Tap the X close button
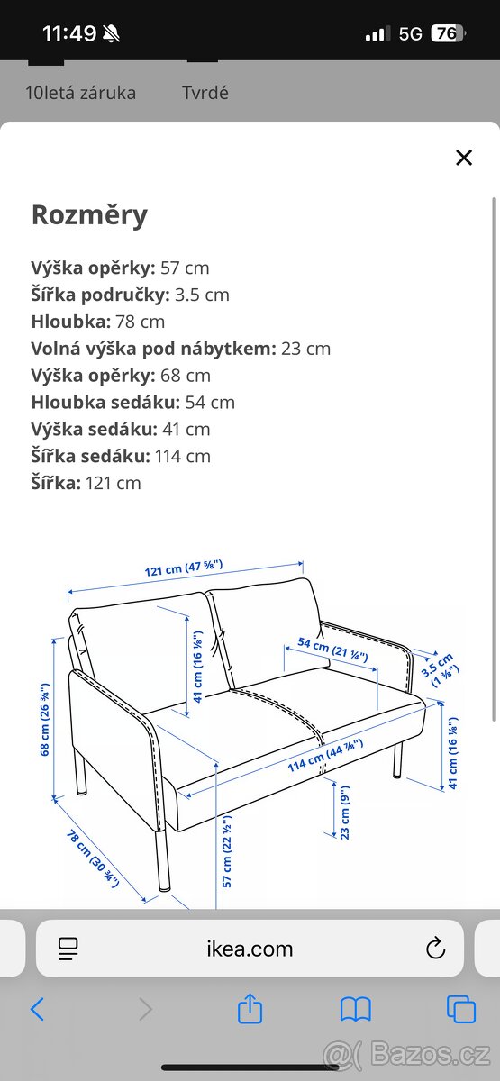464,158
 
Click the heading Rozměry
89,215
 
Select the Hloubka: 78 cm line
98,322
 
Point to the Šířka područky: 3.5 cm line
130,295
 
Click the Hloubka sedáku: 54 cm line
132,402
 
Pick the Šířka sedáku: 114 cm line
121,456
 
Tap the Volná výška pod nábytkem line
180,349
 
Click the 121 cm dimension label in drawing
184,569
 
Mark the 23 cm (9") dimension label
345,813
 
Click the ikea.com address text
250,949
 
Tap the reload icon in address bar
435,949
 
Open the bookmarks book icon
356,1010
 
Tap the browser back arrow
37,1009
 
